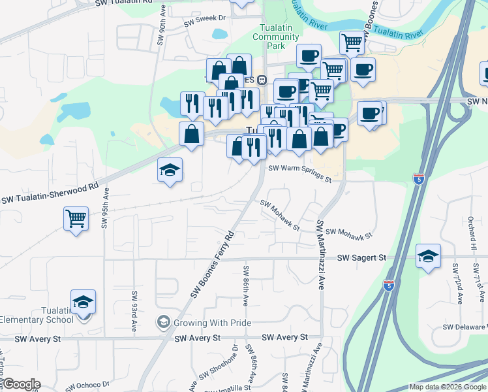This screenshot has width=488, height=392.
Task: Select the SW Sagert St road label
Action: (361, 258)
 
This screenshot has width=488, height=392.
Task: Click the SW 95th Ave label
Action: (104, 209)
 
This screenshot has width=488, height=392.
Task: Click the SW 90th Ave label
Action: (160, 27)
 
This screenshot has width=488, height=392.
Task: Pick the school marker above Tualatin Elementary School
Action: (83, 302)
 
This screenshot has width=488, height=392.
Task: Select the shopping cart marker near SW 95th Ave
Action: (76, 218)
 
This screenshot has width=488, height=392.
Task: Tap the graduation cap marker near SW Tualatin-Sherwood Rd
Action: (170, 171)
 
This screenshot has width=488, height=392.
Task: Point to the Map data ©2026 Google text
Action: (447, 387)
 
